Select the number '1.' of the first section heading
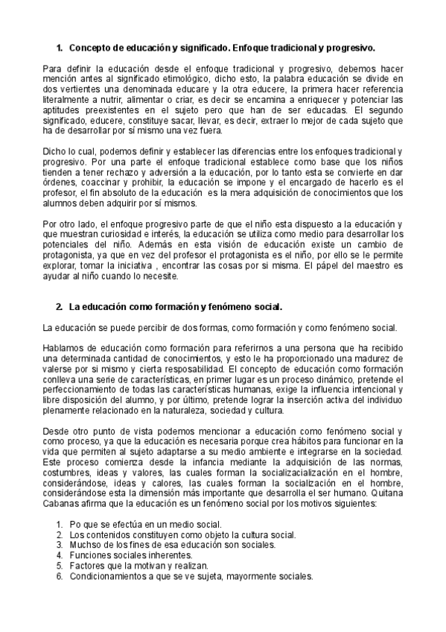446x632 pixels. pos(60,48)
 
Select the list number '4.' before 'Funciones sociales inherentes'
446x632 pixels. pos(60,556)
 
